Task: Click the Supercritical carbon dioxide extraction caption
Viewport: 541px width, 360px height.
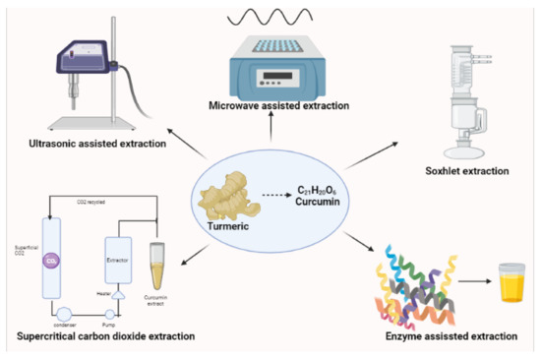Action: (104, 336)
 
